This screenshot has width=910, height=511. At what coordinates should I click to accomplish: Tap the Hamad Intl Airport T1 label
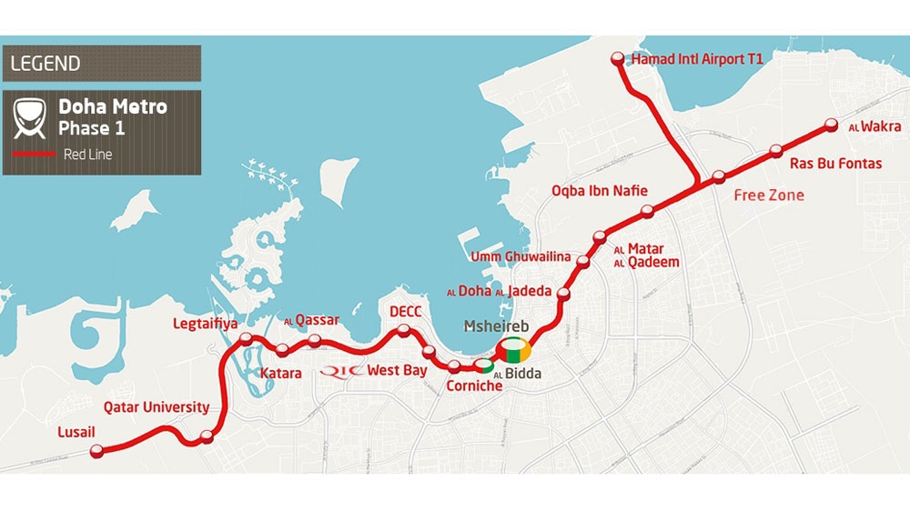[697, 59]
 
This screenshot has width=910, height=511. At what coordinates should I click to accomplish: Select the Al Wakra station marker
[830, 125]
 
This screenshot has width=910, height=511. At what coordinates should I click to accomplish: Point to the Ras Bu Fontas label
[835, 164]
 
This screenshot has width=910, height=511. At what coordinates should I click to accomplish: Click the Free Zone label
[769, 195]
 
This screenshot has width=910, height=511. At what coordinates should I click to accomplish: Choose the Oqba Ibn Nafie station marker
[647, 212]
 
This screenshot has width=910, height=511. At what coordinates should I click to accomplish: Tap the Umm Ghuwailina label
[521, 257]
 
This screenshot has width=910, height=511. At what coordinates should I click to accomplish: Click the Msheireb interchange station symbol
[513, 352]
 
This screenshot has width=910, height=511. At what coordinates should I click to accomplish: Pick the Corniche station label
[474, 386]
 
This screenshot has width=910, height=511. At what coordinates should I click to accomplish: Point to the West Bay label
[397, 371]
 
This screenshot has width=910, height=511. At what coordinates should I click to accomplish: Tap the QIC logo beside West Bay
[343, 371]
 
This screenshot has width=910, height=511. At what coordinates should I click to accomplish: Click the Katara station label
[280, 374]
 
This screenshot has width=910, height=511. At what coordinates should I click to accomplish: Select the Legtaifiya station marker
[246, 341]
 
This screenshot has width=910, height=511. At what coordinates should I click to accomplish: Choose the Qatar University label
[157, 407]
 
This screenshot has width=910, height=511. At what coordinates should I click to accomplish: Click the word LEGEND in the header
[45, 64]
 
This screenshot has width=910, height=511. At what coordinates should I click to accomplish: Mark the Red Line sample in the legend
[33, 155]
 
